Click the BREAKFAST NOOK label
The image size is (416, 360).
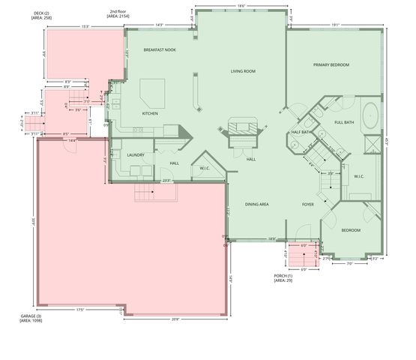159,50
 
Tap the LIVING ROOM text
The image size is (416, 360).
243,71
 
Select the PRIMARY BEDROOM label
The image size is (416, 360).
331,65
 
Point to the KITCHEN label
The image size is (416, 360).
151,113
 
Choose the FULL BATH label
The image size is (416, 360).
344,122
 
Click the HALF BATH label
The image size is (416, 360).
301,133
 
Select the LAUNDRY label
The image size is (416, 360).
136,155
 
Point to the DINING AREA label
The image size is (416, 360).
258,204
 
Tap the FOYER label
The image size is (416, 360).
307,204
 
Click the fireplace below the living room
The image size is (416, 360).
243,128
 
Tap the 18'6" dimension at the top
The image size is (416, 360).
241,7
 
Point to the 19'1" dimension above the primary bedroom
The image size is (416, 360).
335,24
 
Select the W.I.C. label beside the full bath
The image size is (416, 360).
358,177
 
